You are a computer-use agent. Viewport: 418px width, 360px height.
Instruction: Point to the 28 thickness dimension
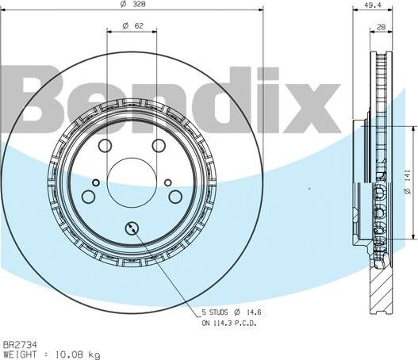[381, 28]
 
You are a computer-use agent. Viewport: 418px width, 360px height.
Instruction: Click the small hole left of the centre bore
[96, 184]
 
